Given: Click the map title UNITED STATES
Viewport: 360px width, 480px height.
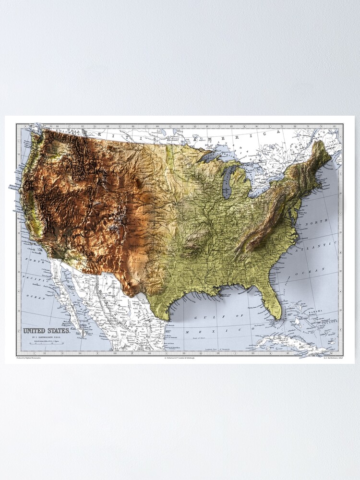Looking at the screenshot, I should click(x=47, y=331).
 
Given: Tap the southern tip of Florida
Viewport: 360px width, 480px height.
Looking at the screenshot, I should click(x=277, y=317).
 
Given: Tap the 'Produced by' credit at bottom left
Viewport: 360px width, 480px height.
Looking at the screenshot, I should click(x=29, y=358).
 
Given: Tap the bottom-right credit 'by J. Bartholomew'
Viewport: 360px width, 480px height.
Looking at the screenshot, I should click(x=334, y=358).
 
